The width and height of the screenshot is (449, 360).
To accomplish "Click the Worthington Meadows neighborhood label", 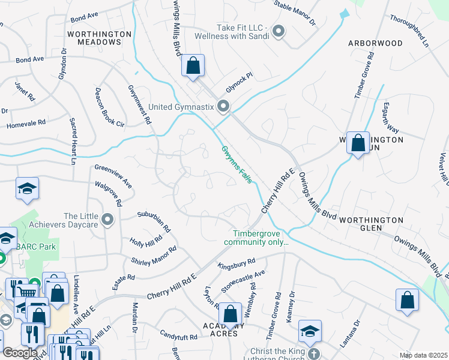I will [100, 38].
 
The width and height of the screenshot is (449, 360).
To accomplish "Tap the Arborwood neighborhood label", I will [375, 43].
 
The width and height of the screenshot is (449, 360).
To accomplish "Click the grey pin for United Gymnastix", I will [224, 107].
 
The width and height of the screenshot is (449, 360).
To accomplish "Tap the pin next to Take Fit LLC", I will [278, 31].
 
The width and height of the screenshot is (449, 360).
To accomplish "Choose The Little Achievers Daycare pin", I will [108, 220].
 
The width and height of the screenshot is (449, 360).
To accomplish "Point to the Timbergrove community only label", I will [256, 238].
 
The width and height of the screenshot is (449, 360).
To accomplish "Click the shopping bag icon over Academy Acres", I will [230, 314].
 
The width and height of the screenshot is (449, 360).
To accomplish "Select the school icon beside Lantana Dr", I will [310, 331].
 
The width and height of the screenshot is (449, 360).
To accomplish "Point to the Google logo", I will [20, 353].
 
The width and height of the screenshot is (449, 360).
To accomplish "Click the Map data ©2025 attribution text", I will [423, 355].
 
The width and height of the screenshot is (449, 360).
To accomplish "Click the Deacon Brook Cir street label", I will [109, 107].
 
